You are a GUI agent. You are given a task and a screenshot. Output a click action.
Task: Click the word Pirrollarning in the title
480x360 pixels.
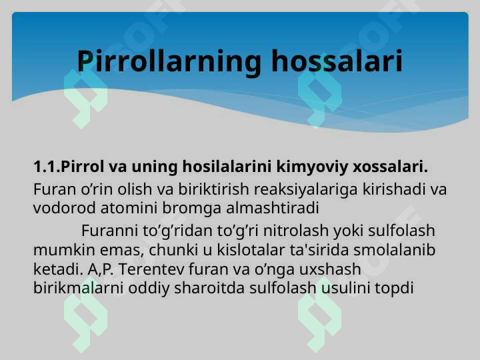(x=169, y=61)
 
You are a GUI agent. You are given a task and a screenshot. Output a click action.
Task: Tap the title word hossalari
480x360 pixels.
(x=337, y=61)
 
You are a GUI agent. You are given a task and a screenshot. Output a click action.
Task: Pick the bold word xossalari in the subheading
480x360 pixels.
(x=390, y=167)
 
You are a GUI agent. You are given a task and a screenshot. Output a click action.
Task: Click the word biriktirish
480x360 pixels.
(x=214, y=189)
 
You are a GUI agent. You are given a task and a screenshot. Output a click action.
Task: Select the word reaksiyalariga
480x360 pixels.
(x=305, y=190)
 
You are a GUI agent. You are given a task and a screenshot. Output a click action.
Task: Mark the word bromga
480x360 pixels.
(x=191, y=209)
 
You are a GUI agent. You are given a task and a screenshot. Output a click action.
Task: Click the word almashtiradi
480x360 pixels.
(x=273, y=208)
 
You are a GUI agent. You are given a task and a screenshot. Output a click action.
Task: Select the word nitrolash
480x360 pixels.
(x=296, y=231)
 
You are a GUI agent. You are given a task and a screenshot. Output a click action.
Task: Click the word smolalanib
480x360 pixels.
(x=394, y=250)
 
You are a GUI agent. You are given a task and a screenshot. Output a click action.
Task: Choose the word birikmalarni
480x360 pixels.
(x=78, y=288)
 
